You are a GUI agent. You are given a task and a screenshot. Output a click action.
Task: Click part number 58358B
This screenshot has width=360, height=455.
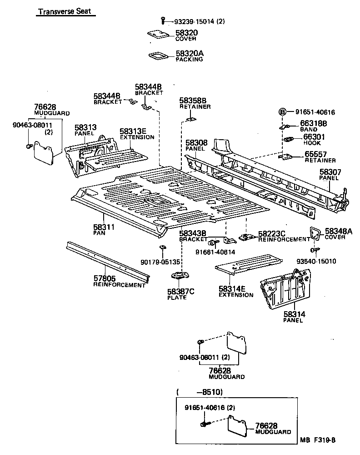click(192, 100)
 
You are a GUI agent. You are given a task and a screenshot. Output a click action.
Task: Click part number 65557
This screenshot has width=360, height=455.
click(315, 155)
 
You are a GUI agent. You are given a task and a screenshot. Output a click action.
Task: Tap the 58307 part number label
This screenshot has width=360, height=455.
click(330, 172)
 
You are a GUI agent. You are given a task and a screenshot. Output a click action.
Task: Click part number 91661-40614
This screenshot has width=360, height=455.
click(215, 252)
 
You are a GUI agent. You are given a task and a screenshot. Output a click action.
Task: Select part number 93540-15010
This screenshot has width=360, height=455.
click(316, 261)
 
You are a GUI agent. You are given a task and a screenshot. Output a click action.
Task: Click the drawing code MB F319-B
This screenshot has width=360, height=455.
click(317, 440)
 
